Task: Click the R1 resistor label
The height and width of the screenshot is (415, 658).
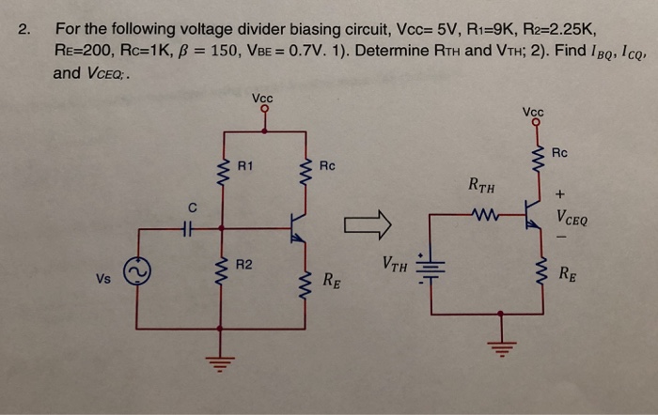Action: tap(245, 168)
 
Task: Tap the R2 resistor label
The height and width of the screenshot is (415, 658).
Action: tap(244, 267)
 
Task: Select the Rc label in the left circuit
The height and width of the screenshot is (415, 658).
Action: tap(327, 166)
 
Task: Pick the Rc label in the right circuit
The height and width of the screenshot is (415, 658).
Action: tap(559, 152)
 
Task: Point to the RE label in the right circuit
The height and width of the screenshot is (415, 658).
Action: tap(568, 274)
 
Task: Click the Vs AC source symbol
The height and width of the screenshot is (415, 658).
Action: tap(136, 272)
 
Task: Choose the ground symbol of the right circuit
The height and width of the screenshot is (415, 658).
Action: tap(500, 347)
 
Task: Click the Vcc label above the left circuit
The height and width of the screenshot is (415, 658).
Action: tap(263, 97)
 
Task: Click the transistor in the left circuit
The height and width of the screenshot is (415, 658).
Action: tap(296, 226)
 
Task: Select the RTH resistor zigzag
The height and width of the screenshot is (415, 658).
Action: tap(485, 216)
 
